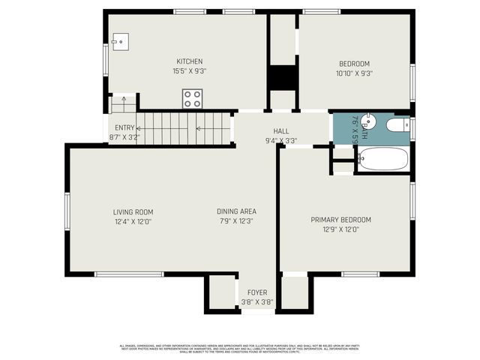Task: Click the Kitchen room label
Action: point(190,61)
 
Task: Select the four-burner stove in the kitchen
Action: point(193,99)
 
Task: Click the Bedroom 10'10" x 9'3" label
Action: point(355,64)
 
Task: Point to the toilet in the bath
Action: point(395,126)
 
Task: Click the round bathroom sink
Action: point(367,121)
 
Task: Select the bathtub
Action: point(382,159)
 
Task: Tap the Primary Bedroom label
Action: point(341,220)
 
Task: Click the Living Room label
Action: point(133,212)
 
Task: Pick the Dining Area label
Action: point(237,211)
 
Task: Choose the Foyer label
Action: point(256,292)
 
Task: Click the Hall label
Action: point(281,130)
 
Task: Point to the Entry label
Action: point(124,127)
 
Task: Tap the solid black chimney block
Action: point(282,78)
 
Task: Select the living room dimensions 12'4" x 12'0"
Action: point(133,222)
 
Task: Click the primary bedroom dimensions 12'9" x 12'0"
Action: point(341,229)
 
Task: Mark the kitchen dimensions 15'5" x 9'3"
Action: point(190,71)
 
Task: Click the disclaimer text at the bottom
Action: point(240,348)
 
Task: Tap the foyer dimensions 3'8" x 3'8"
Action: point(256,302)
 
